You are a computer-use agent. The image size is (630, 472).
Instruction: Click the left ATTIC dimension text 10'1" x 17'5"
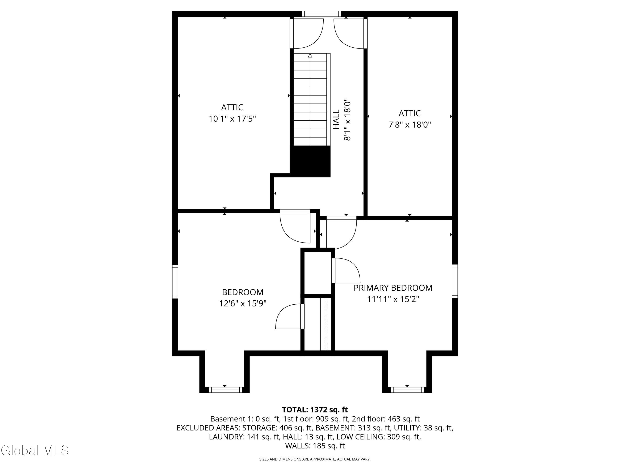[x=232, y=119]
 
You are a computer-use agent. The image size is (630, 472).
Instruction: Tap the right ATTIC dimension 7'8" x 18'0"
[x=409, y=125]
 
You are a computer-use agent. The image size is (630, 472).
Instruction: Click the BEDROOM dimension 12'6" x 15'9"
[x=243, y=304]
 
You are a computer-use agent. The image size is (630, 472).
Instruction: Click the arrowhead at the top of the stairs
[x=310, y=55]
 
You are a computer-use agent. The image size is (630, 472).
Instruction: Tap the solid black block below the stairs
[x=310, y=161]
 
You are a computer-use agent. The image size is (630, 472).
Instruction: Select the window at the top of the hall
[x=322, y=14]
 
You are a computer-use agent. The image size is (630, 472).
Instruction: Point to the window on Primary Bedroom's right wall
[x=455, y=281]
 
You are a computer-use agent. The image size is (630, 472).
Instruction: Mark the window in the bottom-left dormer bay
[x=226, y=390]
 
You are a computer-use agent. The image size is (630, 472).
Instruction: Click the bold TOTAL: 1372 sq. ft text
[x=315, y=410]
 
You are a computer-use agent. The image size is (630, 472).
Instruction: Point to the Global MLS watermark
[x=35, y=450]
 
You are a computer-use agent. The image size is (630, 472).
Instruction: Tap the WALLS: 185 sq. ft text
[x=315, y=446]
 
